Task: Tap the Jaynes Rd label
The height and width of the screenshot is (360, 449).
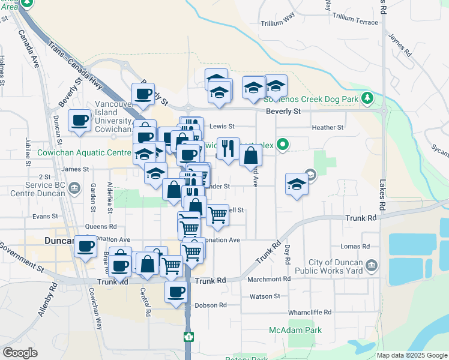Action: click(x=400, y=44)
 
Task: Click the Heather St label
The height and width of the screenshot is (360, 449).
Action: click(x=328, y=127)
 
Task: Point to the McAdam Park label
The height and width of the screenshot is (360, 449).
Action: click(x=295, y=330)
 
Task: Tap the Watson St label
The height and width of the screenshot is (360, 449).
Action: click(x=265, y=296)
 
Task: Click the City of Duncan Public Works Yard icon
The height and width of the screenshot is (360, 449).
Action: click(x=371, y=265)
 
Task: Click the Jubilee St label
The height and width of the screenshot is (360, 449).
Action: click(x=28, y=152)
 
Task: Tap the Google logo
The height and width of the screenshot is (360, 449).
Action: click(x=20, y=353)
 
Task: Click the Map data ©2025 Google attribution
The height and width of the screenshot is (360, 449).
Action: click(x=411, y=355)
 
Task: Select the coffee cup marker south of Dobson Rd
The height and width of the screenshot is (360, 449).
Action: click(x=176, y=292)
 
